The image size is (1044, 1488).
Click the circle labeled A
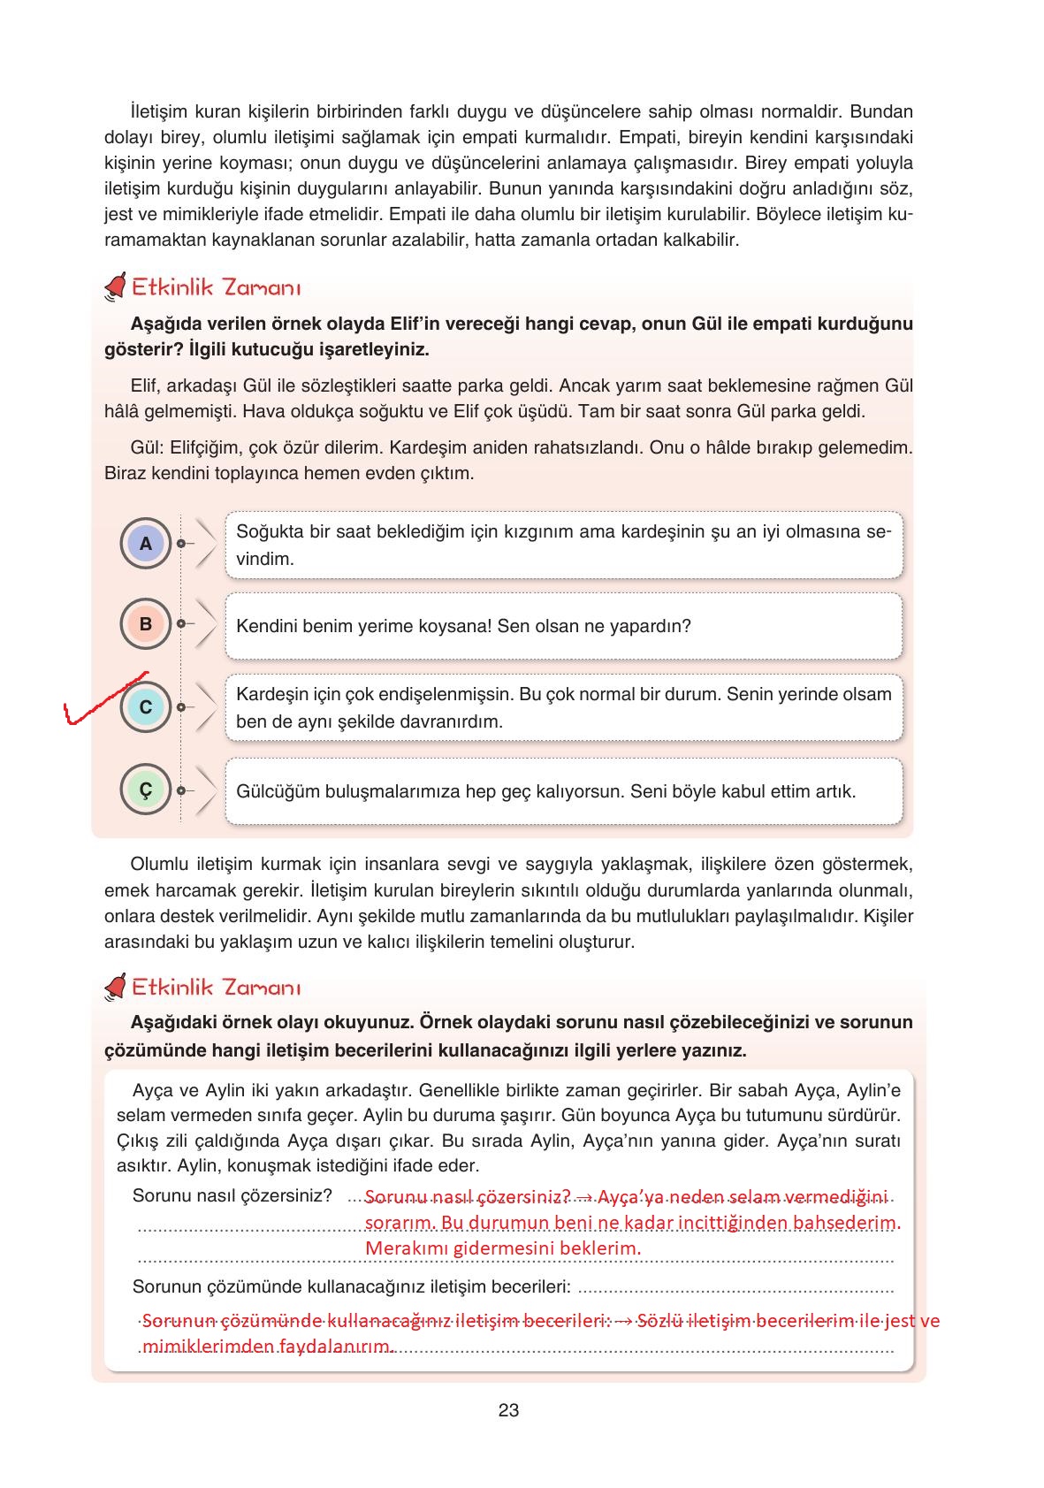pos(146,544)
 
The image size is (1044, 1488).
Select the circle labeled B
pos(146,624)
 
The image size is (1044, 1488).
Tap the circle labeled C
pos(146,707)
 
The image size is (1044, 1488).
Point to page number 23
pos(508,1410)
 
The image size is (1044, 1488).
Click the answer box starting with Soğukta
pos(564,545)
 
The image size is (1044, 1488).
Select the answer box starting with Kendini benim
pos(564,626)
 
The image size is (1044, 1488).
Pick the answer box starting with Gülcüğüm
pos(564,790)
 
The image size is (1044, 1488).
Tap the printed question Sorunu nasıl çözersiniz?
pos(232,1195)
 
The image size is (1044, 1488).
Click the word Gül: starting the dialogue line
pos(146,447)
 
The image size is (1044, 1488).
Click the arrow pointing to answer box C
pos(205,707)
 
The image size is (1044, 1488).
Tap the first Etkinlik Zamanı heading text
pos(217,288)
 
